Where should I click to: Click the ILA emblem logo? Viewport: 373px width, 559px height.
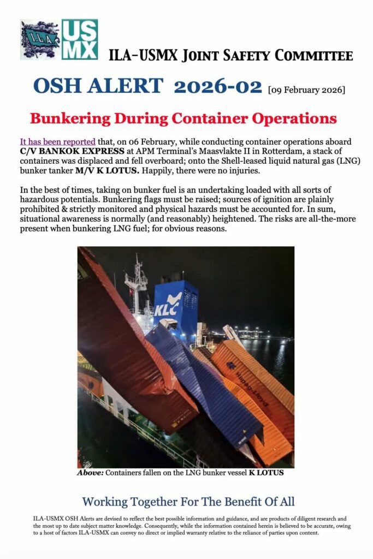(40, 39)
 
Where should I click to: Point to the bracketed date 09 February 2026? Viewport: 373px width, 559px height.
(306, 89)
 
